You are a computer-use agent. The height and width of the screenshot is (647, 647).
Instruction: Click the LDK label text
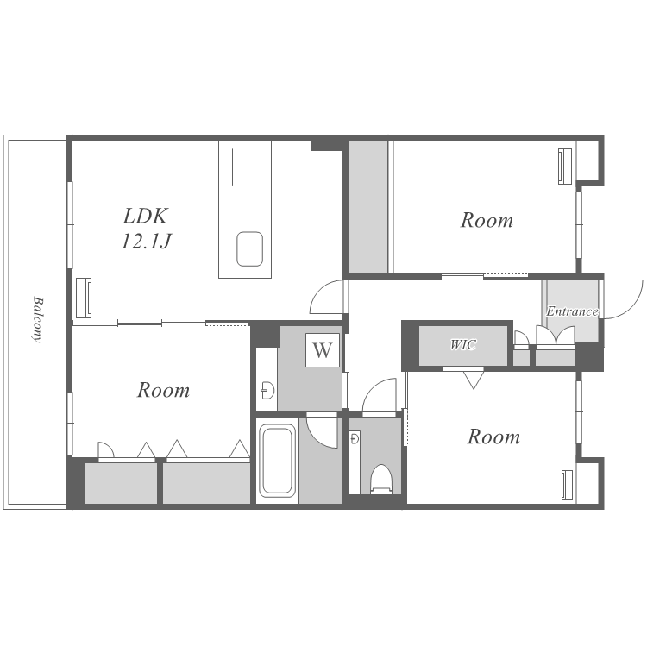[146, 216]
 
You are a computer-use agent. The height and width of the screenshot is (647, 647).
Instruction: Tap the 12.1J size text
[146, 241]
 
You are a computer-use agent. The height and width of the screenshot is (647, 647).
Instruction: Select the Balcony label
[37, 319]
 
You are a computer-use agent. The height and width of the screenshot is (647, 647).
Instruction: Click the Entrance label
[572, 311]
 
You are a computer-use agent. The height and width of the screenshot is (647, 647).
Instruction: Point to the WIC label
[463, 344]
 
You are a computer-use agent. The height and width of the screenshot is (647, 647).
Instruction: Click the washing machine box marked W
[323, 350]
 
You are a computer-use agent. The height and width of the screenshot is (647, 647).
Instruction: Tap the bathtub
[277, 461]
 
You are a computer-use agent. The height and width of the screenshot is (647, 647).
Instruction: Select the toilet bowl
[380, 479]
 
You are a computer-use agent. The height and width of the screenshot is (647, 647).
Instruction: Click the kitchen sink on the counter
[249, 248]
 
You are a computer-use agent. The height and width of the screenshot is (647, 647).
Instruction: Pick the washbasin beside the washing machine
[268, 390]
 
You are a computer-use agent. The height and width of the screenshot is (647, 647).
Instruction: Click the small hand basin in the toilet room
[354, 438]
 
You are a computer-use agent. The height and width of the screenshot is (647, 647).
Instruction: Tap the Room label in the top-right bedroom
[487, 220]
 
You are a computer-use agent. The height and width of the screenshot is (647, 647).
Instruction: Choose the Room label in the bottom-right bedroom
[493, 437]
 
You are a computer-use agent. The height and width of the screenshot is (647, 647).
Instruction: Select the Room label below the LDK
[163, 390]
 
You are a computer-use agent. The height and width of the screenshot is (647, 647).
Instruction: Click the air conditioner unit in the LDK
[84, 298]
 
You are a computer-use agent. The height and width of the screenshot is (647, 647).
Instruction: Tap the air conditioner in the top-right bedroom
[565, 166]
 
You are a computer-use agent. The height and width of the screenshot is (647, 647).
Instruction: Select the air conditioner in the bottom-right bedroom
[568, 485]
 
